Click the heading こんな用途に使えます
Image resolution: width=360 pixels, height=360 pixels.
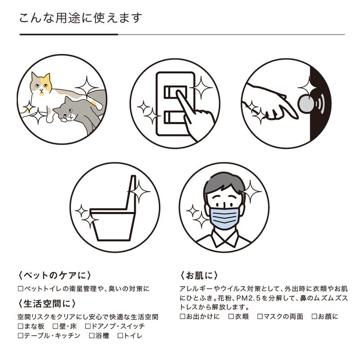(x=81, y=18)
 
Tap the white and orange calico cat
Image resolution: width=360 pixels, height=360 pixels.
(x=46, y=92)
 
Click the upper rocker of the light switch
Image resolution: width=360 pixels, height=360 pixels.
(x=175, y=92)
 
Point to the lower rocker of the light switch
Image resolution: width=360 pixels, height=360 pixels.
(x=175, y=117)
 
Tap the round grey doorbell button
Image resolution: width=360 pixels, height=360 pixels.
(x=306, y=103)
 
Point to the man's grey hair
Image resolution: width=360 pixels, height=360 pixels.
(x=224, y=184)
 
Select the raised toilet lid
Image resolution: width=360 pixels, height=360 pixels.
(x=131, y=193)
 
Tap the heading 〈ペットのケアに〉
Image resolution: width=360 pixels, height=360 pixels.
(x=54, y=275)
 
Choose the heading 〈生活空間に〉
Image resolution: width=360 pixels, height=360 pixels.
(x=47, y=303)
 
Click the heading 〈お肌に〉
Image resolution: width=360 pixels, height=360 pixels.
(x=199, y=275)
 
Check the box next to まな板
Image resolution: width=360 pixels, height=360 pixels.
(x=21, y=326)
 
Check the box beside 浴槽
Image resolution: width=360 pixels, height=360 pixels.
(x=92, y=336)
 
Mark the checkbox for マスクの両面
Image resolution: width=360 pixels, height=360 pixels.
(x=260, y=316)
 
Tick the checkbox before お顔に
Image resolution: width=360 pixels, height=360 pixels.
(x=314, y=316)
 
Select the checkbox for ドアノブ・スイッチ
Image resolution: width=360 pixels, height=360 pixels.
(x=87, y=326)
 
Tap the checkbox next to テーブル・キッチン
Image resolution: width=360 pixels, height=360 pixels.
(x=21, y=336)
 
